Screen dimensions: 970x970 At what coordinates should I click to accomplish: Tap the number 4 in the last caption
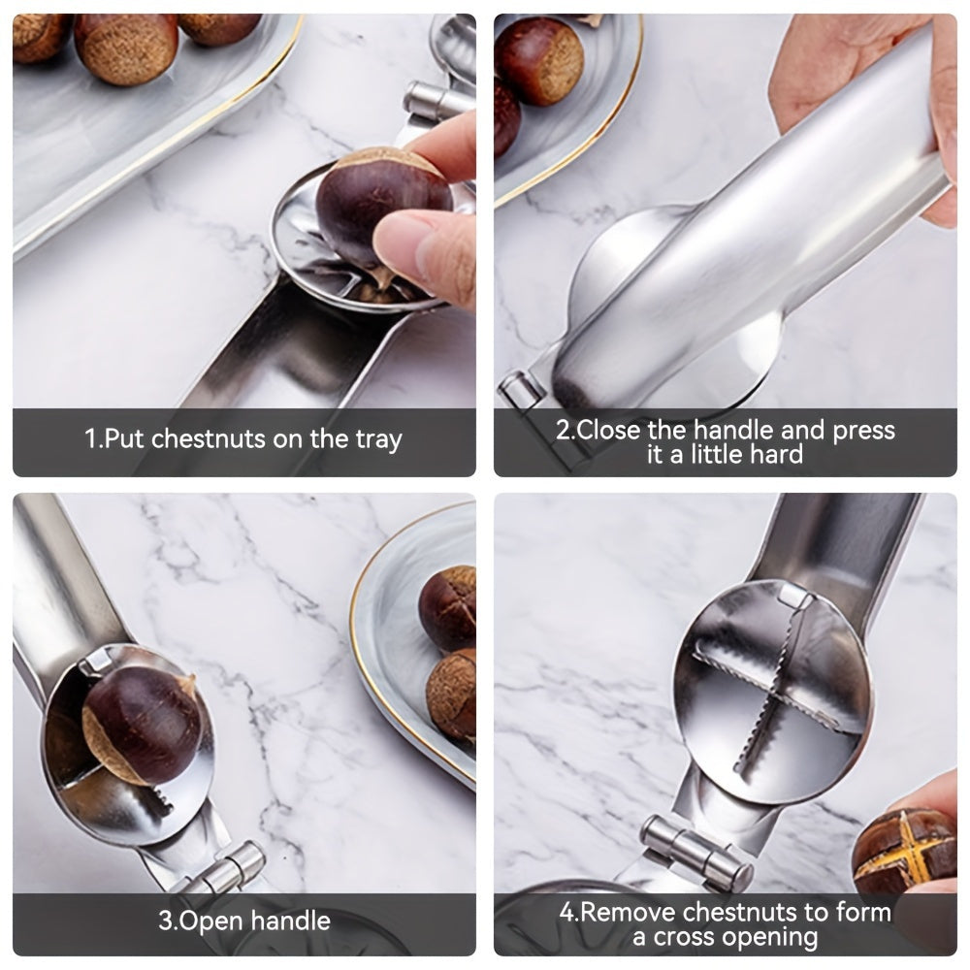[566, 913]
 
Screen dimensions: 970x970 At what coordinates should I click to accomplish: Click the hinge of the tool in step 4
[696, 851]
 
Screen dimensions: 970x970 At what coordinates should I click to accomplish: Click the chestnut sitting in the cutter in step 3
[141, 723]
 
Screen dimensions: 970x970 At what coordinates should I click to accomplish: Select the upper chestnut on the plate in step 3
[449, 607]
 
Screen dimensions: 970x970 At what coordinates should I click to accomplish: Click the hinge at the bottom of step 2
[522, 390]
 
